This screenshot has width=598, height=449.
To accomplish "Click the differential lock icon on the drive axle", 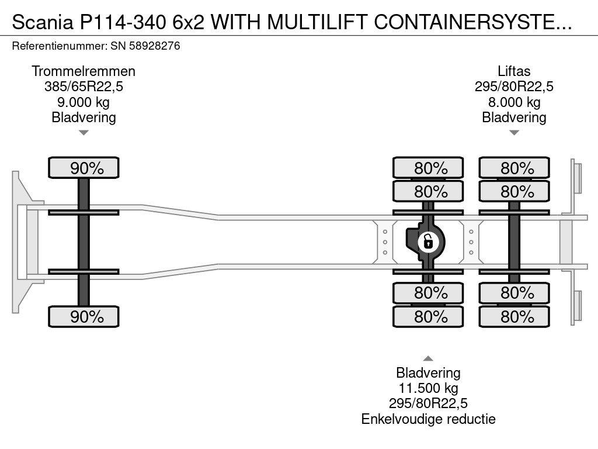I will [x=428, y=240].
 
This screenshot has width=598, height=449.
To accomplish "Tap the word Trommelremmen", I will [x=84, y=71].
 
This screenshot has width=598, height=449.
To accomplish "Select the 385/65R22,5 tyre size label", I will [x=84, y=87].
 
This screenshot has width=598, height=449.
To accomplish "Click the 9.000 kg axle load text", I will [x=84, y=102].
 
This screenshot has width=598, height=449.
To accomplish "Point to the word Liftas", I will [x=514, y=71].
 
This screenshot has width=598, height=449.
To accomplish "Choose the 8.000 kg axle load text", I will [x=514, y=102].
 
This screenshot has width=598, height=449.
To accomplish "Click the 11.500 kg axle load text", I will [x=428, y=388].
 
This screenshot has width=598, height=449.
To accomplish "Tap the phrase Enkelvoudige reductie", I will [x=428, y=419].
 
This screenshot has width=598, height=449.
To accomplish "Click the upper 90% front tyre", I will [x=84, y=168].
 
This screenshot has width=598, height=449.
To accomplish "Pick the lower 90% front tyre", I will [x=84, y=317].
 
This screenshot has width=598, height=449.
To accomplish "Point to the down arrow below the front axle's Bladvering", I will [x=84, y=133].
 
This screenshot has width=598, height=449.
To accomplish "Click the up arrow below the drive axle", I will [x=428, y=358].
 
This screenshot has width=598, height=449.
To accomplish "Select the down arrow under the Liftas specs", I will [x=514, y=133].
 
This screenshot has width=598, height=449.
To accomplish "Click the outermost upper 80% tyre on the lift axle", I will [x=514, y=168].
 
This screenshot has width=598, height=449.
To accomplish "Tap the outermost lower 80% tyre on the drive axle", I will [x=428, y=317].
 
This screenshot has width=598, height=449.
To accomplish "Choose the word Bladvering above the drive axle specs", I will [x=428, y=373].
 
